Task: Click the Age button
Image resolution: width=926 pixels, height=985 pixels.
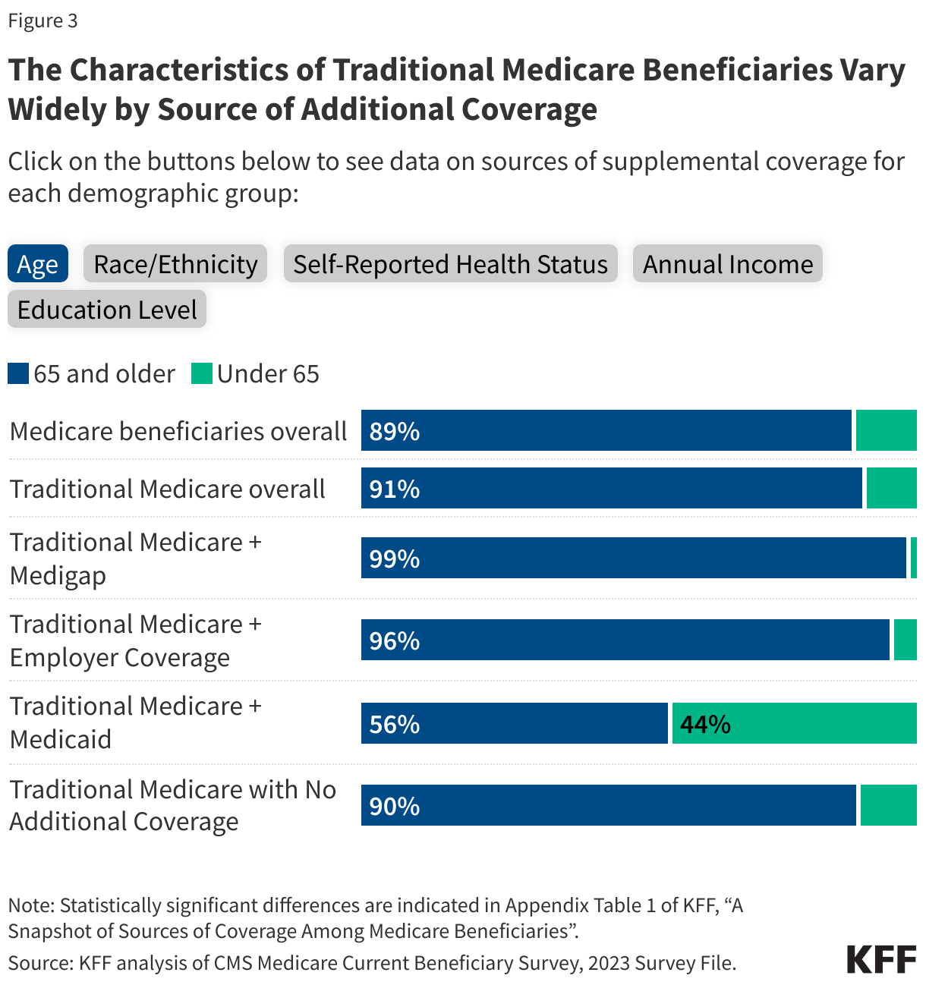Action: tap(37, 264)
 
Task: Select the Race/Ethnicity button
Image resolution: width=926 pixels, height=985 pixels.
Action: tap(175, 264)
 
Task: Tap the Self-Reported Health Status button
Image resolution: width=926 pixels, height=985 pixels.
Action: tap(450, 264)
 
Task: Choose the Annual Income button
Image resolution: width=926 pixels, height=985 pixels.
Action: tap(727, 264)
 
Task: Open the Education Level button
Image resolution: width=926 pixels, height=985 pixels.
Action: tap(107, 310)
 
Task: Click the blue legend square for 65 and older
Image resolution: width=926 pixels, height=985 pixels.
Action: tap(18, 373)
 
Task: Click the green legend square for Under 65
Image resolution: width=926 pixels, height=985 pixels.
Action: tap(201, 373)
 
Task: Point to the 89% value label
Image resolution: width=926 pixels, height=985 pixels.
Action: tap(395, 431)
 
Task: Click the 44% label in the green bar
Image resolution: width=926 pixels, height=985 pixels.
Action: tap(705, 724)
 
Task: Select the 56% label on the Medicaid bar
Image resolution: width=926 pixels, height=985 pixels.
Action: tap(395, 724)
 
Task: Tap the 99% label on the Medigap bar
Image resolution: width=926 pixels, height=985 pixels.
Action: tap(395, 559)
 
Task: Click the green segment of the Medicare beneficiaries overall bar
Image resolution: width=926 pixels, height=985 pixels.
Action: tap(886, 431)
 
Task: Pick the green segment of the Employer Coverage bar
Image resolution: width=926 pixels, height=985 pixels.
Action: tap(905, 640)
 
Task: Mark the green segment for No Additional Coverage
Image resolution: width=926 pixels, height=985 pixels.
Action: tap(888, 805)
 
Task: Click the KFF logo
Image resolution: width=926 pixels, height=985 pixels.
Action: tap(881, 960)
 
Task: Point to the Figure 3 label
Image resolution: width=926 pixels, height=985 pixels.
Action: tap(43, 20)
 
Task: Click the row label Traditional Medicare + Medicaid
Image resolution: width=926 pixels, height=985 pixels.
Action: tap(135, 722)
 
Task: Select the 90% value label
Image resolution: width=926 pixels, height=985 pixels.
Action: tap(395, 806)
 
